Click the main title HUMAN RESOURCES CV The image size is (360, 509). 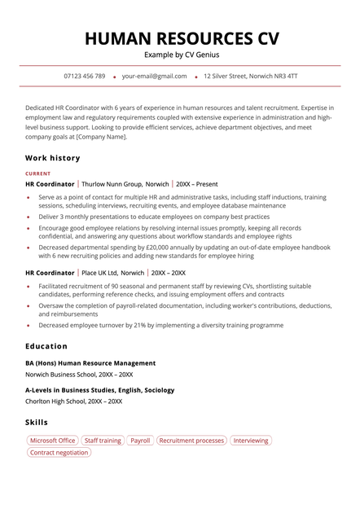tap(180, 38)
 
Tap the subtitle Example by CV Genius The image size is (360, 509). tap(180, 55)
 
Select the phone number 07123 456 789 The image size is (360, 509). tap(84, 76)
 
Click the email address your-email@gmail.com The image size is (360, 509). tap(154, 76)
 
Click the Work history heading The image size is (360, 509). tap(52, 158)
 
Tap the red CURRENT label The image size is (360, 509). tap(37, 173)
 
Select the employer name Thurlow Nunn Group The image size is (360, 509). tap(112, 185)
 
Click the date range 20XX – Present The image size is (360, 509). tap(196, 185)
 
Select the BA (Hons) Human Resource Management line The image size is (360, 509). tap(90, 363)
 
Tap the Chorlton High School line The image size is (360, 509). tap(73, 401)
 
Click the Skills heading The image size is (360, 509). tap(37, 423)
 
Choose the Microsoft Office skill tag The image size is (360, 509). tap(52, 441)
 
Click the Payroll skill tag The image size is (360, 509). tap(140, 441)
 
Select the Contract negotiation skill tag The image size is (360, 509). tap(59, 453)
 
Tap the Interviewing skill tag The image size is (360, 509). tap(250, 441)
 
